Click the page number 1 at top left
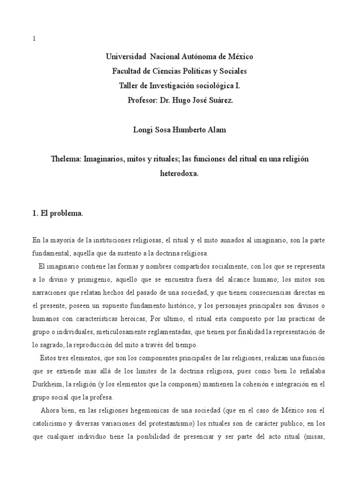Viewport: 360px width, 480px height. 33,40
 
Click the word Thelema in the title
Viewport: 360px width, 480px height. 66,159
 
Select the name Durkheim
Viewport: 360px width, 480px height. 48,385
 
